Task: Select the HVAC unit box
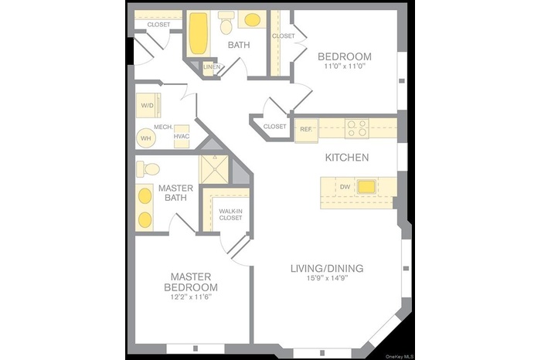click(x=182, y=136)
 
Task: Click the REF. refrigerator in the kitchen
click(x=307, y=129)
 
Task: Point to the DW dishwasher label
click(x=345, y=186)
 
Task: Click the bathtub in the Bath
click(x=199, y=32)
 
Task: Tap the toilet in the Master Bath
click(x=149, y=168)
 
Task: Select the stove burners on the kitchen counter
click(x=356, y=127)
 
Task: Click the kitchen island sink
click(x=365, y=186)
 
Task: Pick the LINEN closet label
click(x=212, y=68)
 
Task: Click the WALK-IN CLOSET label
click(x=230, y=214)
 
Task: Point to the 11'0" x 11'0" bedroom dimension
click(x=345, y=67)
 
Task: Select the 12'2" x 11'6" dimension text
click(x=191, y=297)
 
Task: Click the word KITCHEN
click(x=346, y=158)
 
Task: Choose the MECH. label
click(x=162, y=127)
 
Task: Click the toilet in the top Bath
click(x=226, y=25)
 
